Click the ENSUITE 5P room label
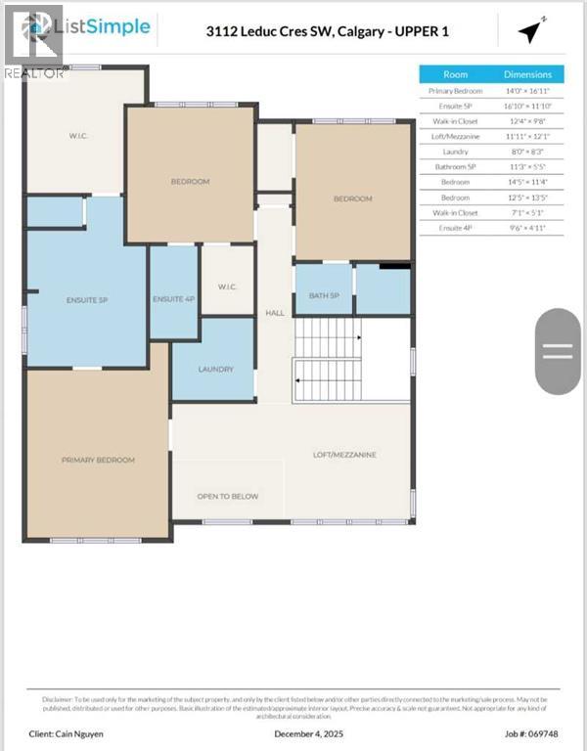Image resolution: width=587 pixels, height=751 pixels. (86, 298)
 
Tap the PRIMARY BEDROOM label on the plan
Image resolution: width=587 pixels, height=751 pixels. (98, 460)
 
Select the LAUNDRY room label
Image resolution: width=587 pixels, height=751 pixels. (215, 369)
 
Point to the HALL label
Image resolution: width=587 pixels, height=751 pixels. (274, 313)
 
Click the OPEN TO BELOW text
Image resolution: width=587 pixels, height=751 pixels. (227, 496)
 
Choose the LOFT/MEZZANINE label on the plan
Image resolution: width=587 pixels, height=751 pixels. (344, 455)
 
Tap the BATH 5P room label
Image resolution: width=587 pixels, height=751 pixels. (323, 295)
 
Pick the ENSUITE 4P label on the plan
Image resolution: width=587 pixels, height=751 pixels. (174, 298)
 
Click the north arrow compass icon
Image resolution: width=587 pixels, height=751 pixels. (529, 31)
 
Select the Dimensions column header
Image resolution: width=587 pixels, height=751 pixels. (527, 74)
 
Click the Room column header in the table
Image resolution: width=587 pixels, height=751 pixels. (456, 74)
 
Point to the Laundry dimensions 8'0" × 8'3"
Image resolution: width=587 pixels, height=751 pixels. (527, 152)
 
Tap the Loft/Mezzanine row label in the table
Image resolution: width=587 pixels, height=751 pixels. (456, 136)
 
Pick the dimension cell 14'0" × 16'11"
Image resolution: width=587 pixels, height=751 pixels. (527, 91)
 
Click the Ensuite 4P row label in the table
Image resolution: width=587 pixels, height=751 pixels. (456, 227)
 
